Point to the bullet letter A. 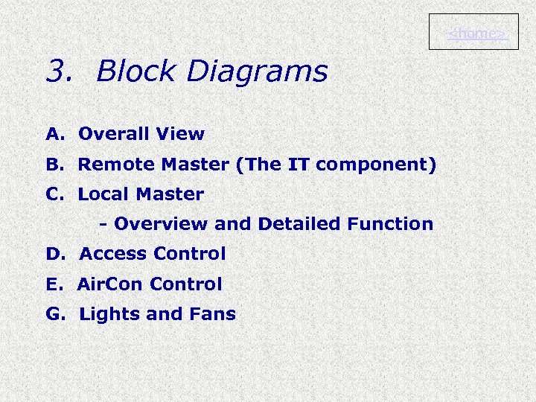point(54,135)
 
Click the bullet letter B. point(54,165)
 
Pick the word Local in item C point(102,194)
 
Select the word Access point(114,254)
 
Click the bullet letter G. point(55,314)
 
